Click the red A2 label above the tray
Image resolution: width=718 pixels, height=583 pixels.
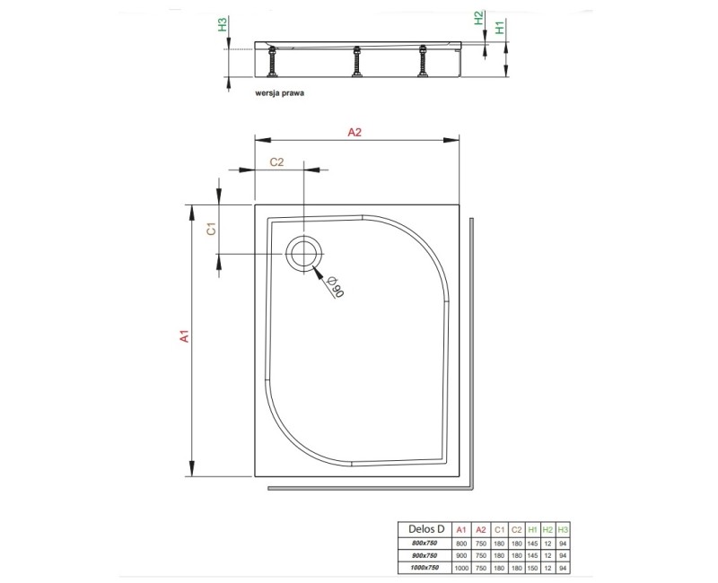pyautogui.click(x=354, y=132)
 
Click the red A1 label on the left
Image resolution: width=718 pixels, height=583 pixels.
pyautogui.click(x=183, y=337)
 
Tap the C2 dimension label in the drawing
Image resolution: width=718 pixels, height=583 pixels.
pyautogui.click(x=277, y=162)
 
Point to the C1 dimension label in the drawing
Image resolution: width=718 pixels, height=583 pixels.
pyautogui.click(x=211, y=229)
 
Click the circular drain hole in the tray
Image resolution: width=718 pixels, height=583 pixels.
pyautogui.click(x=302, y=254)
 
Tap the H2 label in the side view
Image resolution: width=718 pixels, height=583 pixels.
pyautogui.click(x=479, y=18)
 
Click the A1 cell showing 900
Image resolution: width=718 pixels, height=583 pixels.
pyautogui.click(x=460, y=556)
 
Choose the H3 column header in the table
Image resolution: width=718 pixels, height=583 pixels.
pyautogui.click(x=563, y=528)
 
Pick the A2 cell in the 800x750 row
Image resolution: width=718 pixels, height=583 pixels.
pyautogui.click(x=480, y=544)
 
